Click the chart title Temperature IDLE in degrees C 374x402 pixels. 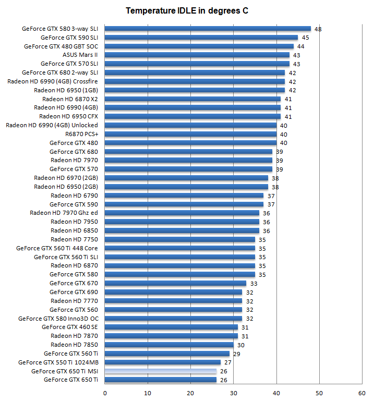187,11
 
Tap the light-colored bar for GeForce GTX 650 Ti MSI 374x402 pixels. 161,371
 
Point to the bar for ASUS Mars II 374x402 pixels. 197,55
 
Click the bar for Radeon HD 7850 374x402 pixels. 169,345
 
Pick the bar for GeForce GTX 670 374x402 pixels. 176,283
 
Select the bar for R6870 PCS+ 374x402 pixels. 190,134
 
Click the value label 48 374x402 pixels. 318,29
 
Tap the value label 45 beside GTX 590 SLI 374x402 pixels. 305,38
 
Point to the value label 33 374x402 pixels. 254,284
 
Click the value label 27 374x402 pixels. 228,362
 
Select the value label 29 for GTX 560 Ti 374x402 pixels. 236,354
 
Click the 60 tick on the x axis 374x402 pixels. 361,393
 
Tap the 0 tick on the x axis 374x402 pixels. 105,393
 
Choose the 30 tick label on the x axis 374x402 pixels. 233,393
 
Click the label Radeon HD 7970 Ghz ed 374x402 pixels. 64,213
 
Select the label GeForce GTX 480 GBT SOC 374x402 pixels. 61,46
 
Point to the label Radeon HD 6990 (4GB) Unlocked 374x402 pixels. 52,125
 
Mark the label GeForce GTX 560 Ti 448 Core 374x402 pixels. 57,248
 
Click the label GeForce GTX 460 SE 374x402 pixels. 70,327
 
